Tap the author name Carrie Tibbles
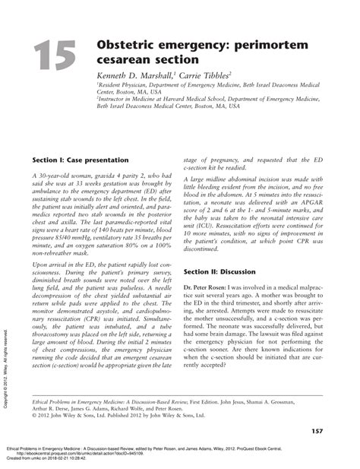pyautogui.click(x=204, y=77)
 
